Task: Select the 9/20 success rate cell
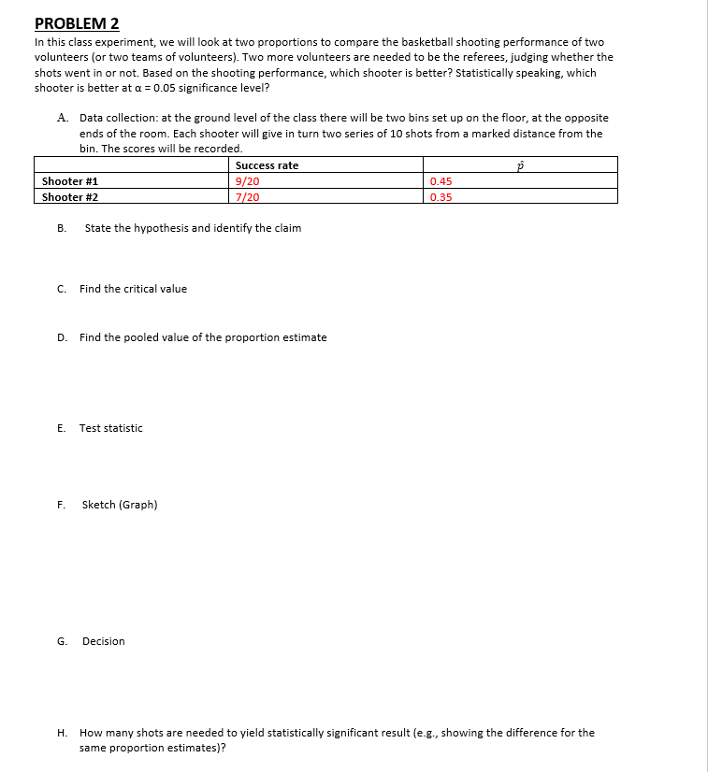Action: pyautogui.click(x=248, y=181)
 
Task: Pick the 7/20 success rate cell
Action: pyautogui.click(x=248, y=197)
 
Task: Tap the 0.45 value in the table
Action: pyautogui.click(x=441, y=181)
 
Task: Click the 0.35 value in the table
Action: pyautogui.click(x=441, y=197)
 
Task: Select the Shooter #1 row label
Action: pyautogui.click(x=70, y=181)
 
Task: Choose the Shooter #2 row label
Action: pyautogui.click(x=70, y=197)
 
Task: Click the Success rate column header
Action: pyautogui.click(x=267, y=165)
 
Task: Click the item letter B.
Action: pyautogui.click(x=61, y=228)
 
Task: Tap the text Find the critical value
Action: pyautogui.click(x=133, y=289)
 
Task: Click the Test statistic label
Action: pyautogui.click(x=110, y=428)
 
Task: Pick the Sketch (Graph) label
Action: pyautogui.click(x=120, y=505)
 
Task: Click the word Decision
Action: pyautogui.click(x=103, y=641)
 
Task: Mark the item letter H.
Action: pyautogui.click(x=61, y=733)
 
